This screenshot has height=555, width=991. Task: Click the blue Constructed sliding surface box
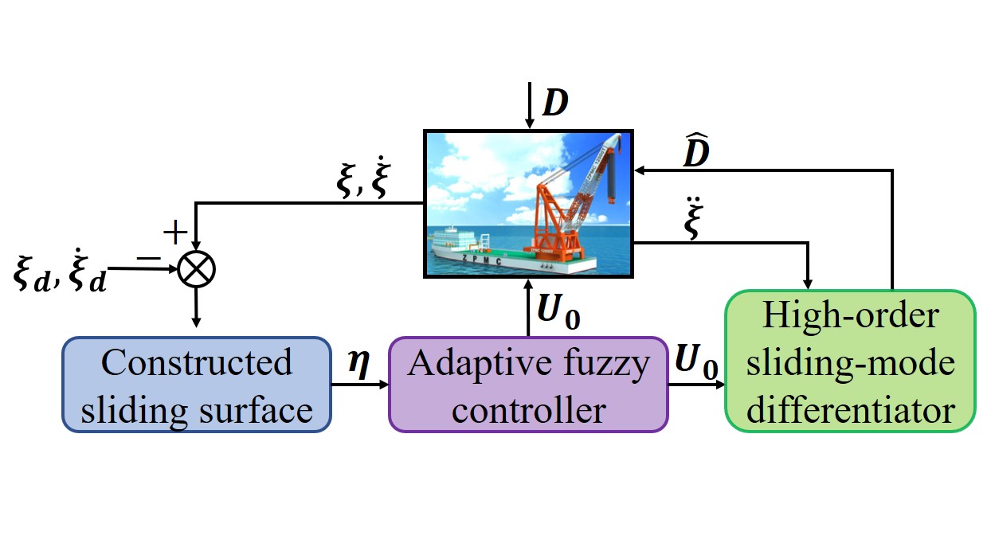point(196,385)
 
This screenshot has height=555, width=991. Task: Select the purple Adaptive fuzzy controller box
point(527,385)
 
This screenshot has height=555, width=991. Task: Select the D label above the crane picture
point(556,103)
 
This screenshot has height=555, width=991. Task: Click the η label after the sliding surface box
point(358,364)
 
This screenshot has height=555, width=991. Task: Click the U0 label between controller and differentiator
point(695,363)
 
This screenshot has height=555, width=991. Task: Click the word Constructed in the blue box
point(197,362)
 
